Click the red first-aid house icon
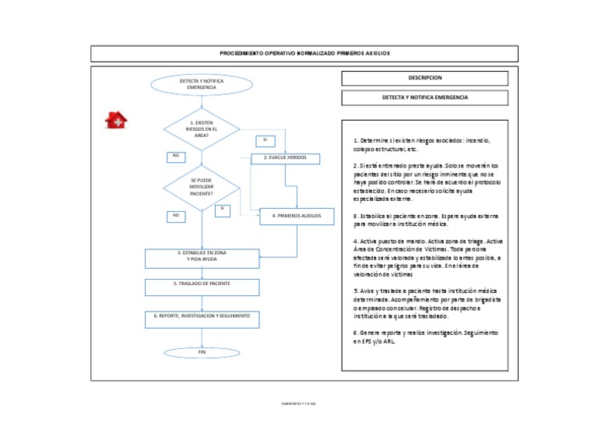click(x=116, y=119)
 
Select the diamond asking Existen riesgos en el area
click(x=202, y=129)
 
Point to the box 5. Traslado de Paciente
click(x=202, y=286)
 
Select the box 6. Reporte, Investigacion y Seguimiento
click(x=202, y=318)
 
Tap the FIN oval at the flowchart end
click(x=202, y=353)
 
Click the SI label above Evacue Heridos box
click(x=265, y=140)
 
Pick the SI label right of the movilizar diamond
click(x=222, y=209)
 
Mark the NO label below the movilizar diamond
click(x=176, y=215)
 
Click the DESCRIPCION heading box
click(x=424, y=78)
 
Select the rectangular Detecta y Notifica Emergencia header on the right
click(x=424, y=98)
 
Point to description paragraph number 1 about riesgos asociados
click(x=424, y=145)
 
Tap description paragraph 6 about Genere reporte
click(x=425, y=337)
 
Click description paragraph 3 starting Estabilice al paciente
click(x=425, y=220)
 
